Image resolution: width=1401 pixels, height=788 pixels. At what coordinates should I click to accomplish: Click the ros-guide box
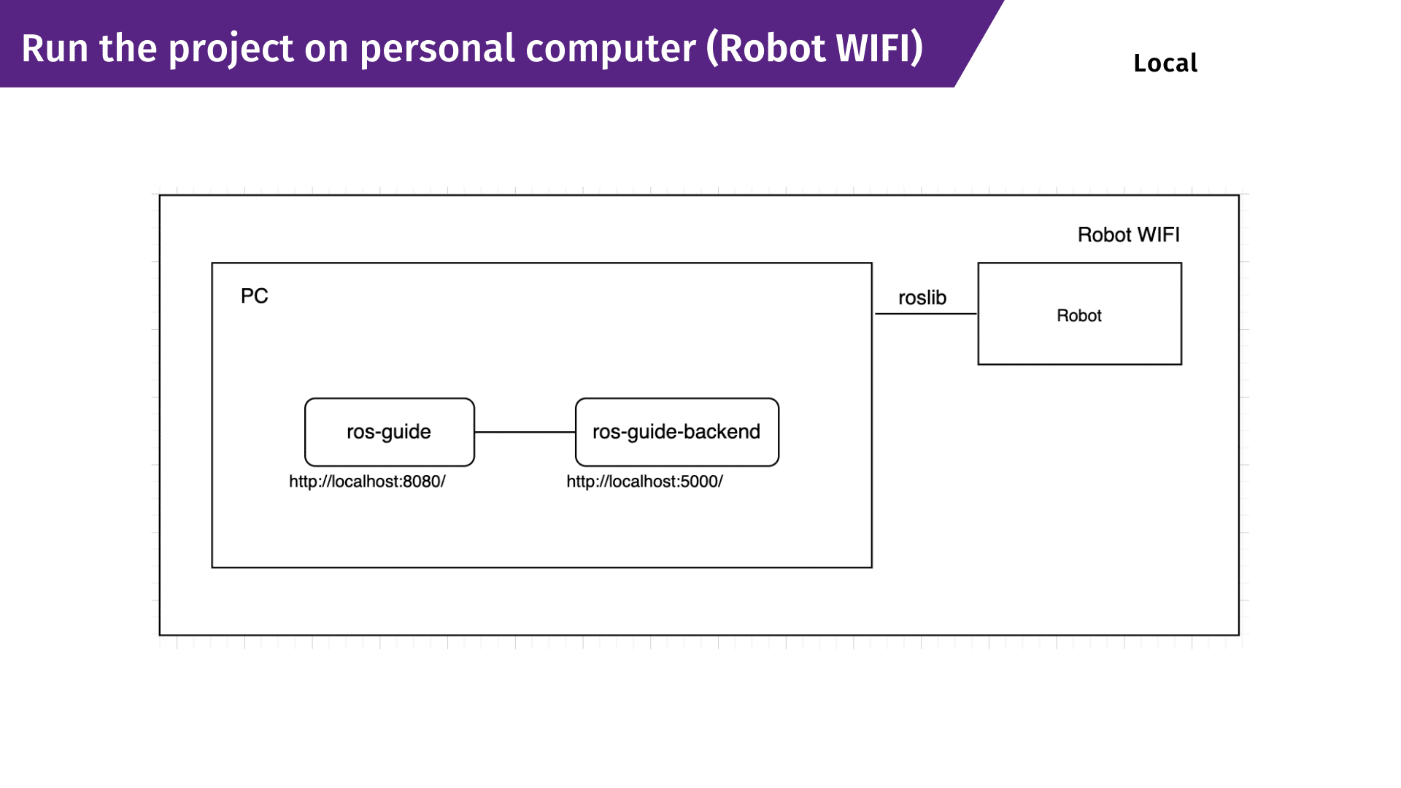coord(390,432)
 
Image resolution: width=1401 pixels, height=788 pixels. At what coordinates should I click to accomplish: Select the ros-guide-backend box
coord(677,432)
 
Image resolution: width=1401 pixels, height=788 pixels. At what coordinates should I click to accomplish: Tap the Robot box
coord(1079,314)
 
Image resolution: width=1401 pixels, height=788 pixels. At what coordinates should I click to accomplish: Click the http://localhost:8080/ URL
coord(367,482)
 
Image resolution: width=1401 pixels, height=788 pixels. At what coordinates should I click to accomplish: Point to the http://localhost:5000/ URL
coord(645,482)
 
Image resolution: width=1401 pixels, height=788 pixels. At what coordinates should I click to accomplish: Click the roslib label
coord(922,298)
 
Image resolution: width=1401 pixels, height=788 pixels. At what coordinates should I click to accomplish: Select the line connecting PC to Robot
coord(925,314)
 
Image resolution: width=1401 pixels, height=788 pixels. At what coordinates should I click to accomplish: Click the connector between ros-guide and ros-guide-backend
coord(525,432)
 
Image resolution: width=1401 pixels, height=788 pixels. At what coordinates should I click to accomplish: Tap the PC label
coord(255,295)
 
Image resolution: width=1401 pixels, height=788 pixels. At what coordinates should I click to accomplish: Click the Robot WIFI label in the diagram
coord(1129,235)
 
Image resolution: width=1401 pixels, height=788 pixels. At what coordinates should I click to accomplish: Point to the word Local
coord(1165,63)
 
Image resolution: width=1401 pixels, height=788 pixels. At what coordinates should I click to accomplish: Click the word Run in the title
coord(55,49)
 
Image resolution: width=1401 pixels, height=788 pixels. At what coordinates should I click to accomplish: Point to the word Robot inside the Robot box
coord(1079,316)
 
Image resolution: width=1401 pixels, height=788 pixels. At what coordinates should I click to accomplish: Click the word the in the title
coord(128,49)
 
